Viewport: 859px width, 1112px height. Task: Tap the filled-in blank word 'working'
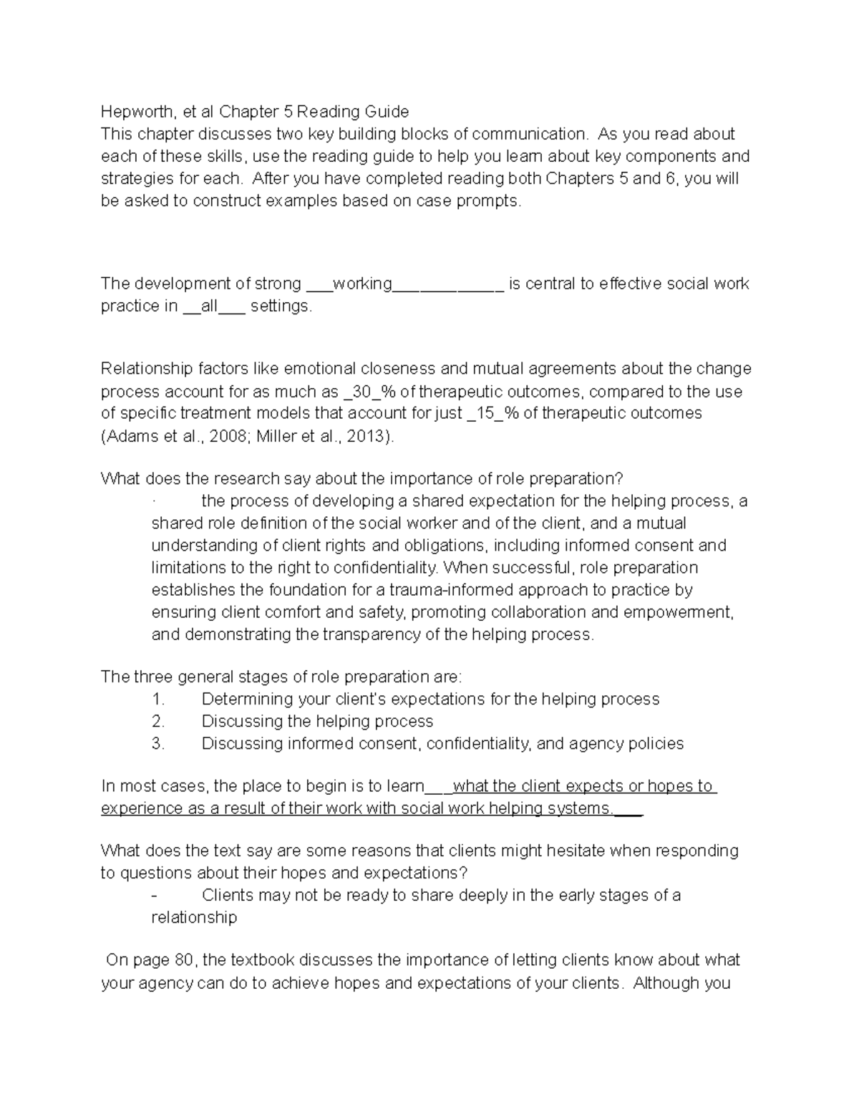point(361,284)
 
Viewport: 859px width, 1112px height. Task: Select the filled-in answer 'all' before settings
point(209,306)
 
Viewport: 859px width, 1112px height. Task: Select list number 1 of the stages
point(157,699)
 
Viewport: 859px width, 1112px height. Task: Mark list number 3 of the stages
point(157,743)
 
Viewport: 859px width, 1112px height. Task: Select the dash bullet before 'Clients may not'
point(155,896)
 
